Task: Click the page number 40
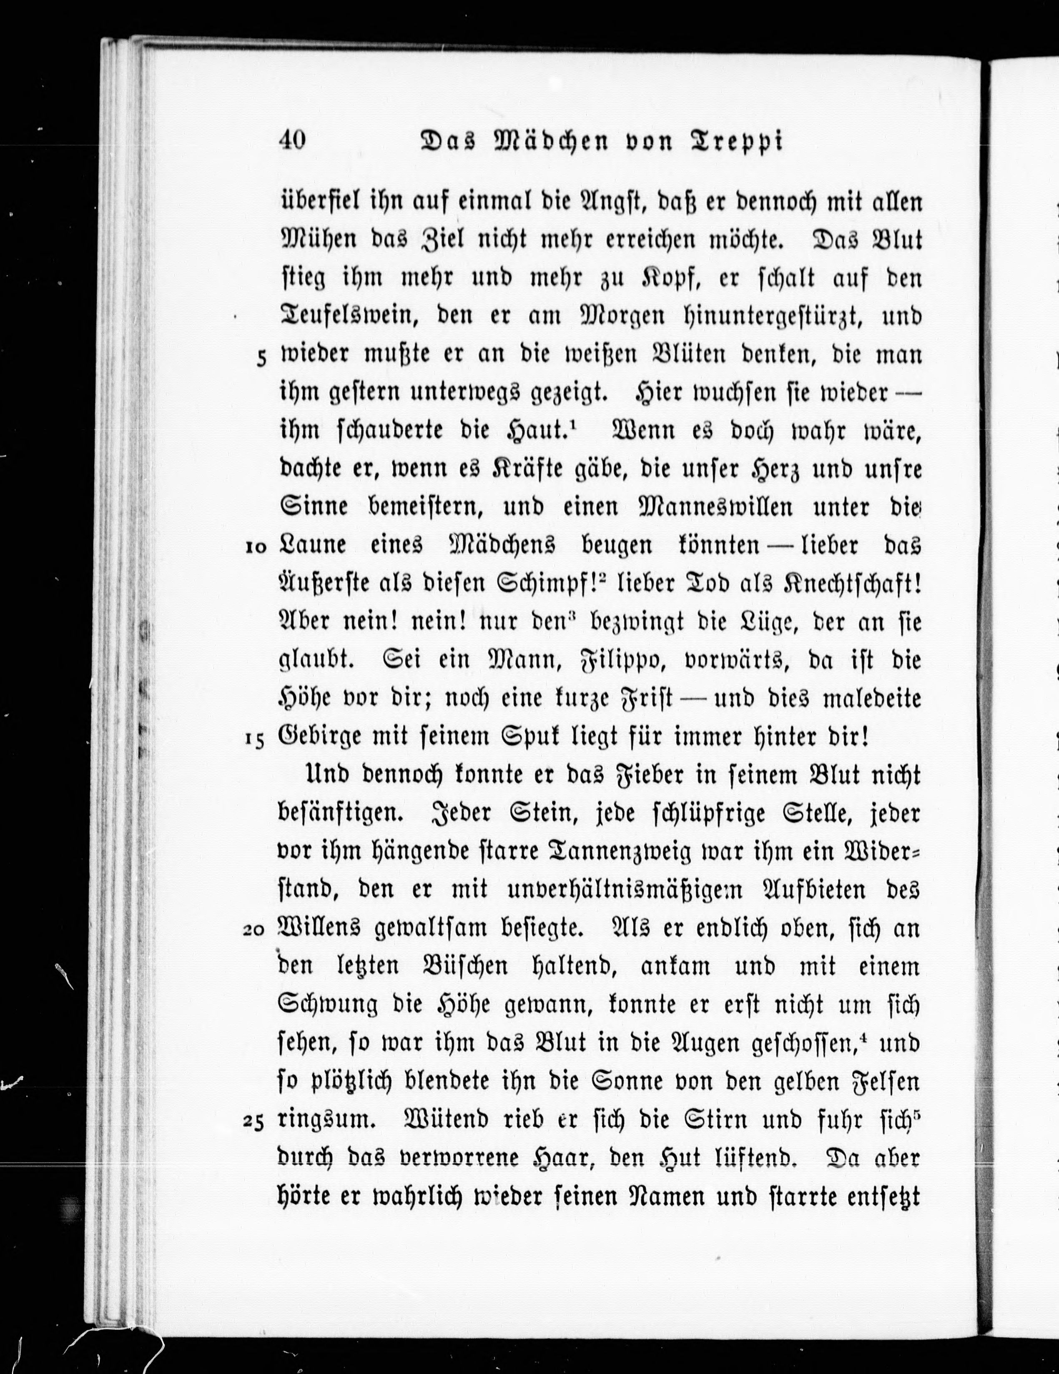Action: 291,140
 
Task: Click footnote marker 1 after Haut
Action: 575,425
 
